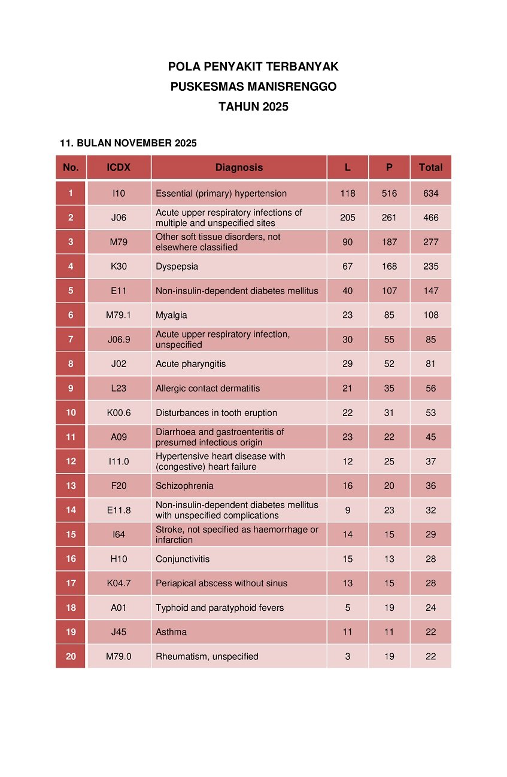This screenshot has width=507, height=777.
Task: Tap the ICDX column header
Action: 119,167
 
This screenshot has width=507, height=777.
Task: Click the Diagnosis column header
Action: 239,167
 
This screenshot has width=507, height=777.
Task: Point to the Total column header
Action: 431,167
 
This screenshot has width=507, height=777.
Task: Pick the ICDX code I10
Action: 119,194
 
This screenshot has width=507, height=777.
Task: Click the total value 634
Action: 431,194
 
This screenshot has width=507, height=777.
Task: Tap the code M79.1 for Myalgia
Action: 119,315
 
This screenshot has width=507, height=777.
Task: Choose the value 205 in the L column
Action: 348,218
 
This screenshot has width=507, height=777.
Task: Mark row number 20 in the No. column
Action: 71,656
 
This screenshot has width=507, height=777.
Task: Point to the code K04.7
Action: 119,583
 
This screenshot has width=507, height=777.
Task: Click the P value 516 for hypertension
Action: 389,194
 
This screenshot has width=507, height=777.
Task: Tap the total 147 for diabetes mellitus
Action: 431,291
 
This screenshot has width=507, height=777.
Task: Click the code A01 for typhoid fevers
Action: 119,608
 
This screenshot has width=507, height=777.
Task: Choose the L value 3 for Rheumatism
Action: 348,656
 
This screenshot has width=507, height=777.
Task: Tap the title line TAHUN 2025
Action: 253,107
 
